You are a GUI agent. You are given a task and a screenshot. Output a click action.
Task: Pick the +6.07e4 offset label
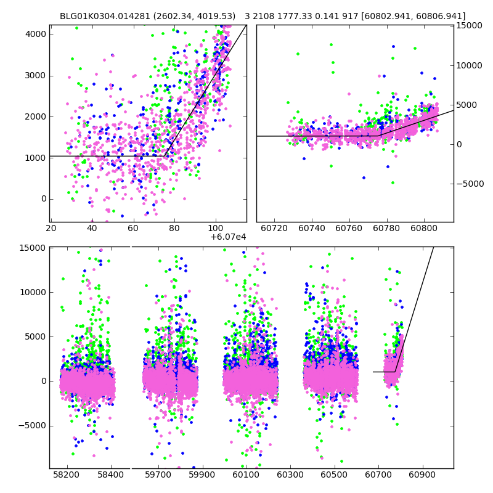[228, 237]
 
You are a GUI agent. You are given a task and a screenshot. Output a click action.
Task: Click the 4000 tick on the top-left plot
[36, 34]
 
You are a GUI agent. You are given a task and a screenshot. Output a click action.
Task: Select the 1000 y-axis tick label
[36, 158]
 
